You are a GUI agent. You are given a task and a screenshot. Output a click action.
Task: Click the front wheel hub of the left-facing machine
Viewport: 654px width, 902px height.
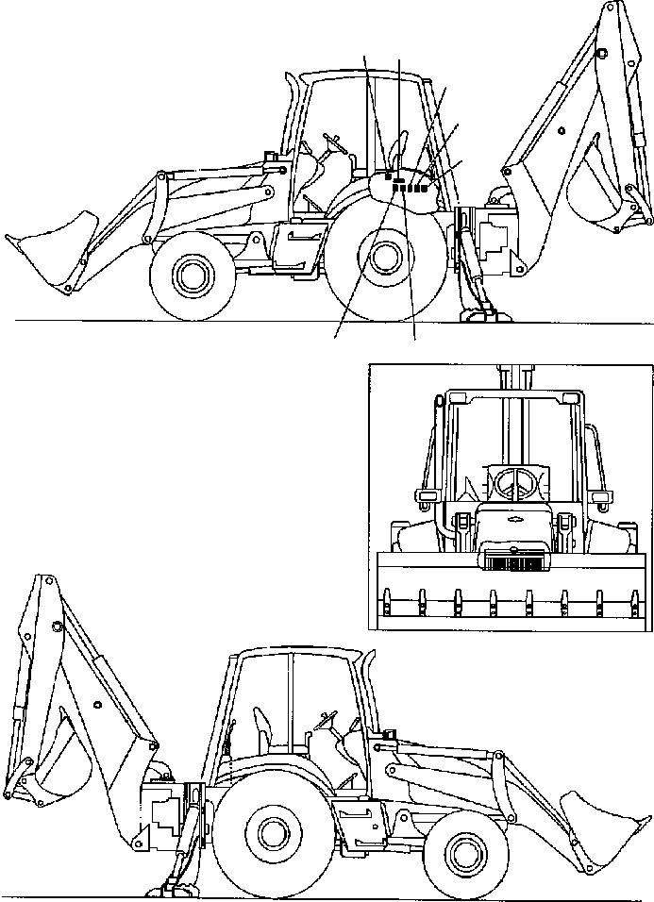193,276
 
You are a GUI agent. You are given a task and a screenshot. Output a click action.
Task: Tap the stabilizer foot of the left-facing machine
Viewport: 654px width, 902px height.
478,314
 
